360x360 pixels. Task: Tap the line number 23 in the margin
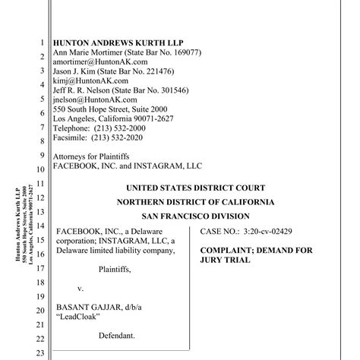coord(41,353)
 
